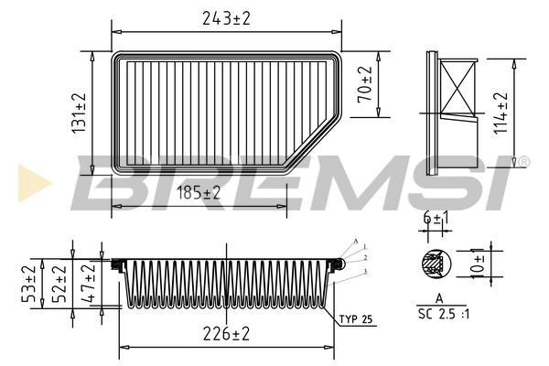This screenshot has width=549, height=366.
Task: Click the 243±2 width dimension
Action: coord(227,17)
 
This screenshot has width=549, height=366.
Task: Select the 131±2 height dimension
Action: coord(79,113)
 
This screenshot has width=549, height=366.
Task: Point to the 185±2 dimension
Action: coord(199,193)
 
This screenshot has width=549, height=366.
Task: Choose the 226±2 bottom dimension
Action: coord(226,335)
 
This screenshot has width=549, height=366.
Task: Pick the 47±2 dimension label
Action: coord(89,285)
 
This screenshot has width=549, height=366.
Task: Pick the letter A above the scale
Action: coord(440,298)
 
